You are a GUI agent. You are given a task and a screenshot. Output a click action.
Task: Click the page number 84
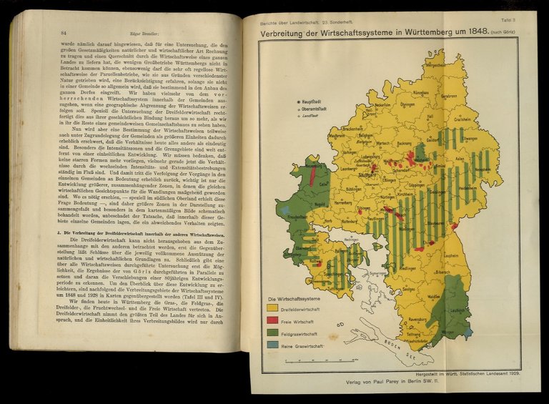tap(64, 32)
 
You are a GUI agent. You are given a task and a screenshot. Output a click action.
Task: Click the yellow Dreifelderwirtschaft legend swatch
tap(272, 308)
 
